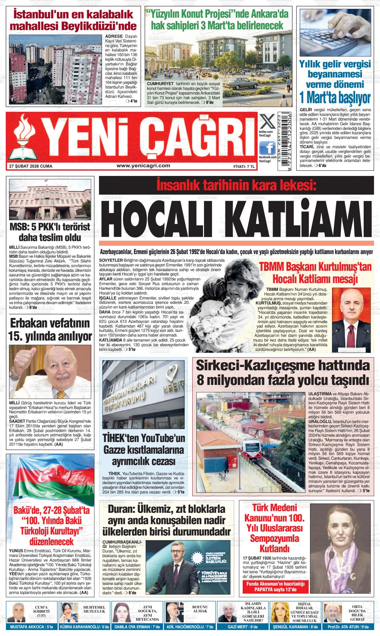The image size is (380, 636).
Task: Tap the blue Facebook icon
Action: point(267,148)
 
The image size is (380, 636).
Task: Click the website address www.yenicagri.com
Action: point(143,166)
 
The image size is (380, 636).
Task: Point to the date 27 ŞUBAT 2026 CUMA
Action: point(31,166)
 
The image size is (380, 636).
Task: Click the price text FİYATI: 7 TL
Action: point(244,166)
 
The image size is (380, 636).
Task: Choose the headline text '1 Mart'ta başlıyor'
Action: point(335,98)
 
